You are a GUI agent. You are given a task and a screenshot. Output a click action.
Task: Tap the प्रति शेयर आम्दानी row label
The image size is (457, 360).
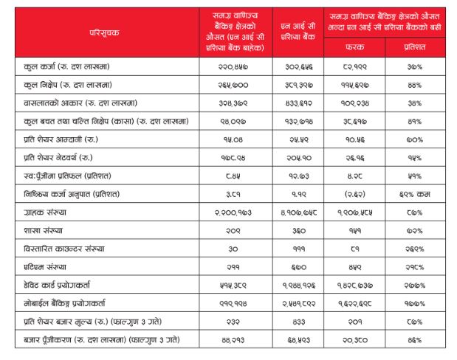point(58,139)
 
